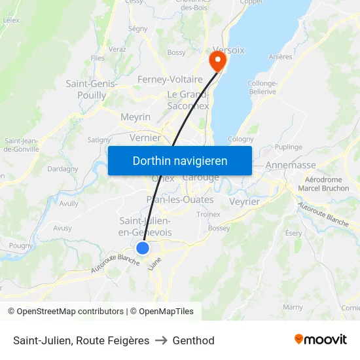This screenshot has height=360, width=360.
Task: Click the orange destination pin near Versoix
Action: [x=217, y=61]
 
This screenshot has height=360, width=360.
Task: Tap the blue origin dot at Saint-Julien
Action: [x=143, y=248]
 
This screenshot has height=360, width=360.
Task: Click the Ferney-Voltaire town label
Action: [x=170, y=79]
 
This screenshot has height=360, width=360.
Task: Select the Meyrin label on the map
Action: [x=135, y=117]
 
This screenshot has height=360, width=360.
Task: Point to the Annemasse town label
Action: [x=291, y=165]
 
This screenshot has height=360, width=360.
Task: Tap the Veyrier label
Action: [x=244, y=202]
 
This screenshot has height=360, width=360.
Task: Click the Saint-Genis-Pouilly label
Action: [x=92, y=89]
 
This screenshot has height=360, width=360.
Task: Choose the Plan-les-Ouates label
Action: [x=180, y=200]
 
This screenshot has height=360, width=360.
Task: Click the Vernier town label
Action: [x=145, y=137]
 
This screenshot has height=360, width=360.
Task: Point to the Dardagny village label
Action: [x=63, y=168]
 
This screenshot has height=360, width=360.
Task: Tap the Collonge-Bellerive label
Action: [x=262, y=87]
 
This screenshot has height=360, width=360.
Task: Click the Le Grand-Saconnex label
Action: [x=188, y=99]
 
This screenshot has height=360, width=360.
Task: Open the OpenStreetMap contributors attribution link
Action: [x=69, y=312]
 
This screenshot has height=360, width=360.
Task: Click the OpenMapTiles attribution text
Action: [x=166, y=312]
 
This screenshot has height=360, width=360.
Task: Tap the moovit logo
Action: [x=321, y=339]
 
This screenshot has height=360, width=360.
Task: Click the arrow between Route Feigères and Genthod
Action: [x=161, y=340]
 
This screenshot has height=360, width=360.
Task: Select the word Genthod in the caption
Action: [x=193, y=340]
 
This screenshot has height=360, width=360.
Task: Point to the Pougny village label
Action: [x=21, y=245]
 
